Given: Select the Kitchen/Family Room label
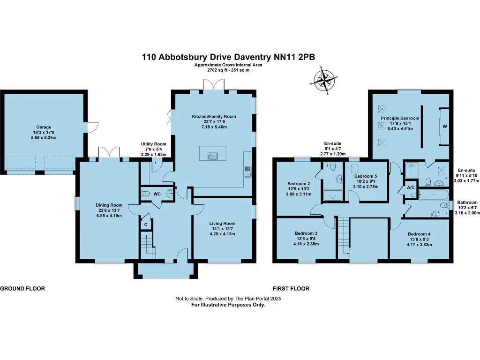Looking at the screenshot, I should (x=213, y=116).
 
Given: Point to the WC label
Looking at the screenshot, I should (x=158, y=194).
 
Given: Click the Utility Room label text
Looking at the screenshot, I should (x=154, y=144).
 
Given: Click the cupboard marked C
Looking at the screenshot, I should (x=146, y=225).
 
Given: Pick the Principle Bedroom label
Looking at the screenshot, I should (x=399, y=119).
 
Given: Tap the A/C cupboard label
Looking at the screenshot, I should (x=398, y=187).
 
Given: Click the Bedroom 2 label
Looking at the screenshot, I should (x=298, y=183).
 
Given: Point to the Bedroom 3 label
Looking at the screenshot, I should (x=306, y=233).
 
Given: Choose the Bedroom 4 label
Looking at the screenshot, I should (x=419, y=234).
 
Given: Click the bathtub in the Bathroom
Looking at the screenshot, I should (x=433, y=194).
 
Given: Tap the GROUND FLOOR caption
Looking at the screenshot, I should (x=22, y=289).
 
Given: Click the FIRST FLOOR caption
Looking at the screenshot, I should (x=291, y=289).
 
